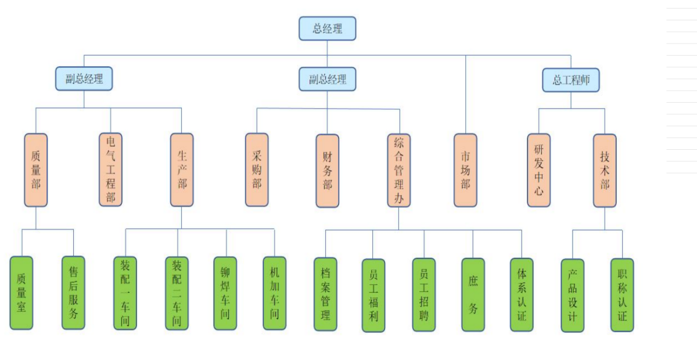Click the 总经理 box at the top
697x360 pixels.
[327, 28]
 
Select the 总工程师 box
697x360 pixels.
[571, 80]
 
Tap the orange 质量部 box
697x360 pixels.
[36, 170]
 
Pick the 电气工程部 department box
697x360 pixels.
[110, 170]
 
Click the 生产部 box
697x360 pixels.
[182, 170]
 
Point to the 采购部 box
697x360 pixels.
[257, 170]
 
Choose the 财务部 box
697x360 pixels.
[328, 170]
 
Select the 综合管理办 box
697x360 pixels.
[399, 170]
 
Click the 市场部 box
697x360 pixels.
[465, 170]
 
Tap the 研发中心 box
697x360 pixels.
[538, 170]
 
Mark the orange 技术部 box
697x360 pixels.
[605, 170]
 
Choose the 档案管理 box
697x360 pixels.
[325, 294]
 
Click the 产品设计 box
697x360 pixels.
[573, 295]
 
